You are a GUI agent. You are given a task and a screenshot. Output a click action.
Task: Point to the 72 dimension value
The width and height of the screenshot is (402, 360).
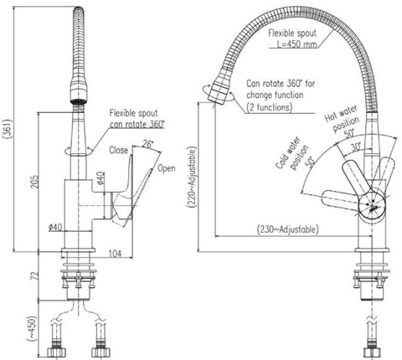[33, 275]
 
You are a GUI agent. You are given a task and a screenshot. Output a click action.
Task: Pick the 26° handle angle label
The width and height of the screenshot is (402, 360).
[148, 143]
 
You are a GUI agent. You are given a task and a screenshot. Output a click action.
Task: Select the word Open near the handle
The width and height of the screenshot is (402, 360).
[166, 168]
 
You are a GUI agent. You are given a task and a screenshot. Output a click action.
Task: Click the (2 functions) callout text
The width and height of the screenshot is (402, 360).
[277, 108]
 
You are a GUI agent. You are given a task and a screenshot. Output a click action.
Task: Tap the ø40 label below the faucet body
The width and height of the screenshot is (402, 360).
[55, 227]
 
